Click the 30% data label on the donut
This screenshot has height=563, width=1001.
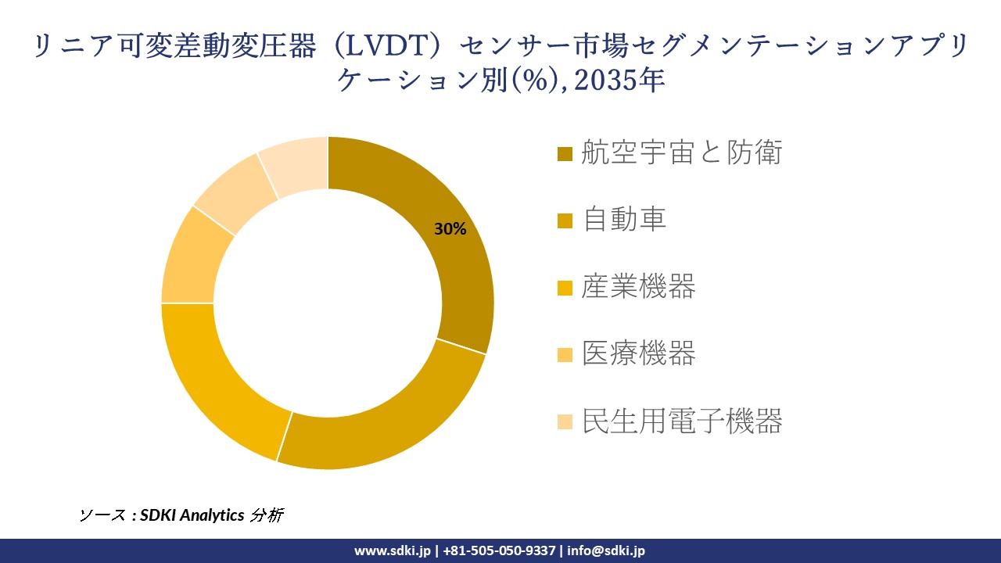pos(450,229)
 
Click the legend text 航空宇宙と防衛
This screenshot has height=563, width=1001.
pos(681,153)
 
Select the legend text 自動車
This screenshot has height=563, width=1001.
pos(624,220)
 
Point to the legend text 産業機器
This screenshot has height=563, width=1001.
pos(638,287)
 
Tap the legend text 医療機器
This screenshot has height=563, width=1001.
pos(638,354)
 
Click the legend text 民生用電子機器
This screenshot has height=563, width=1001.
pos(681,421)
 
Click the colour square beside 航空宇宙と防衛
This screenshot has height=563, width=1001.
pos(565,154)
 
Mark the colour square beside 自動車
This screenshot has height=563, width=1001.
pos(565,221)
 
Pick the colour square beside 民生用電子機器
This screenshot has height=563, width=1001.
pos(565,423)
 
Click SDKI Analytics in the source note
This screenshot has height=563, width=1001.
pos(192,515)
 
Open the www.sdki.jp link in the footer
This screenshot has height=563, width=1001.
pos(392,550)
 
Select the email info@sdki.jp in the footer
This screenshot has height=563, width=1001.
pos(606,550)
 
